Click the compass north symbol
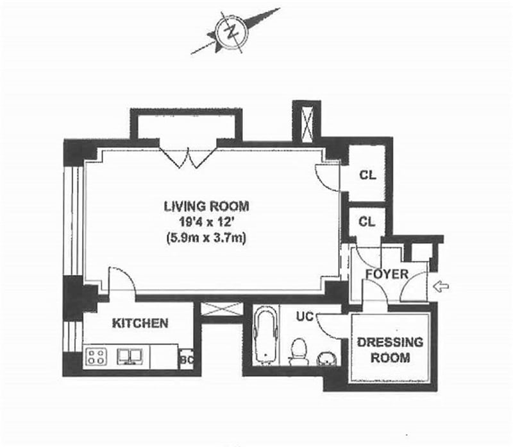(232, 31)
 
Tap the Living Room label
(206, 206)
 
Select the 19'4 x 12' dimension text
(206, 222)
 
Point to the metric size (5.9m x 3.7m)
(206, 238)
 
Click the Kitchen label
(140, 324)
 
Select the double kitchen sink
(130, 356)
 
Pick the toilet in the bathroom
(298, 352)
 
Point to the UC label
(305, 316)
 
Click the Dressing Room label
(391, 350)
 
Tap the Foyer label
(387, 274)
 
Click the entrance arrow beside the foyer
(441, 286)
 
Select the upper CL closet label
(367, 175)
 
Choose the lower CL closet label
(367, 222)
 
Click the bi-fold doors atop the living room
(189, 157)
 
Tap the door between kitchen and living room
(122, 279)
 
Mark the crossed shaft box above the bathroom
(221, 310)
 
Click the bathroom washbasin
(326, 358)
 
